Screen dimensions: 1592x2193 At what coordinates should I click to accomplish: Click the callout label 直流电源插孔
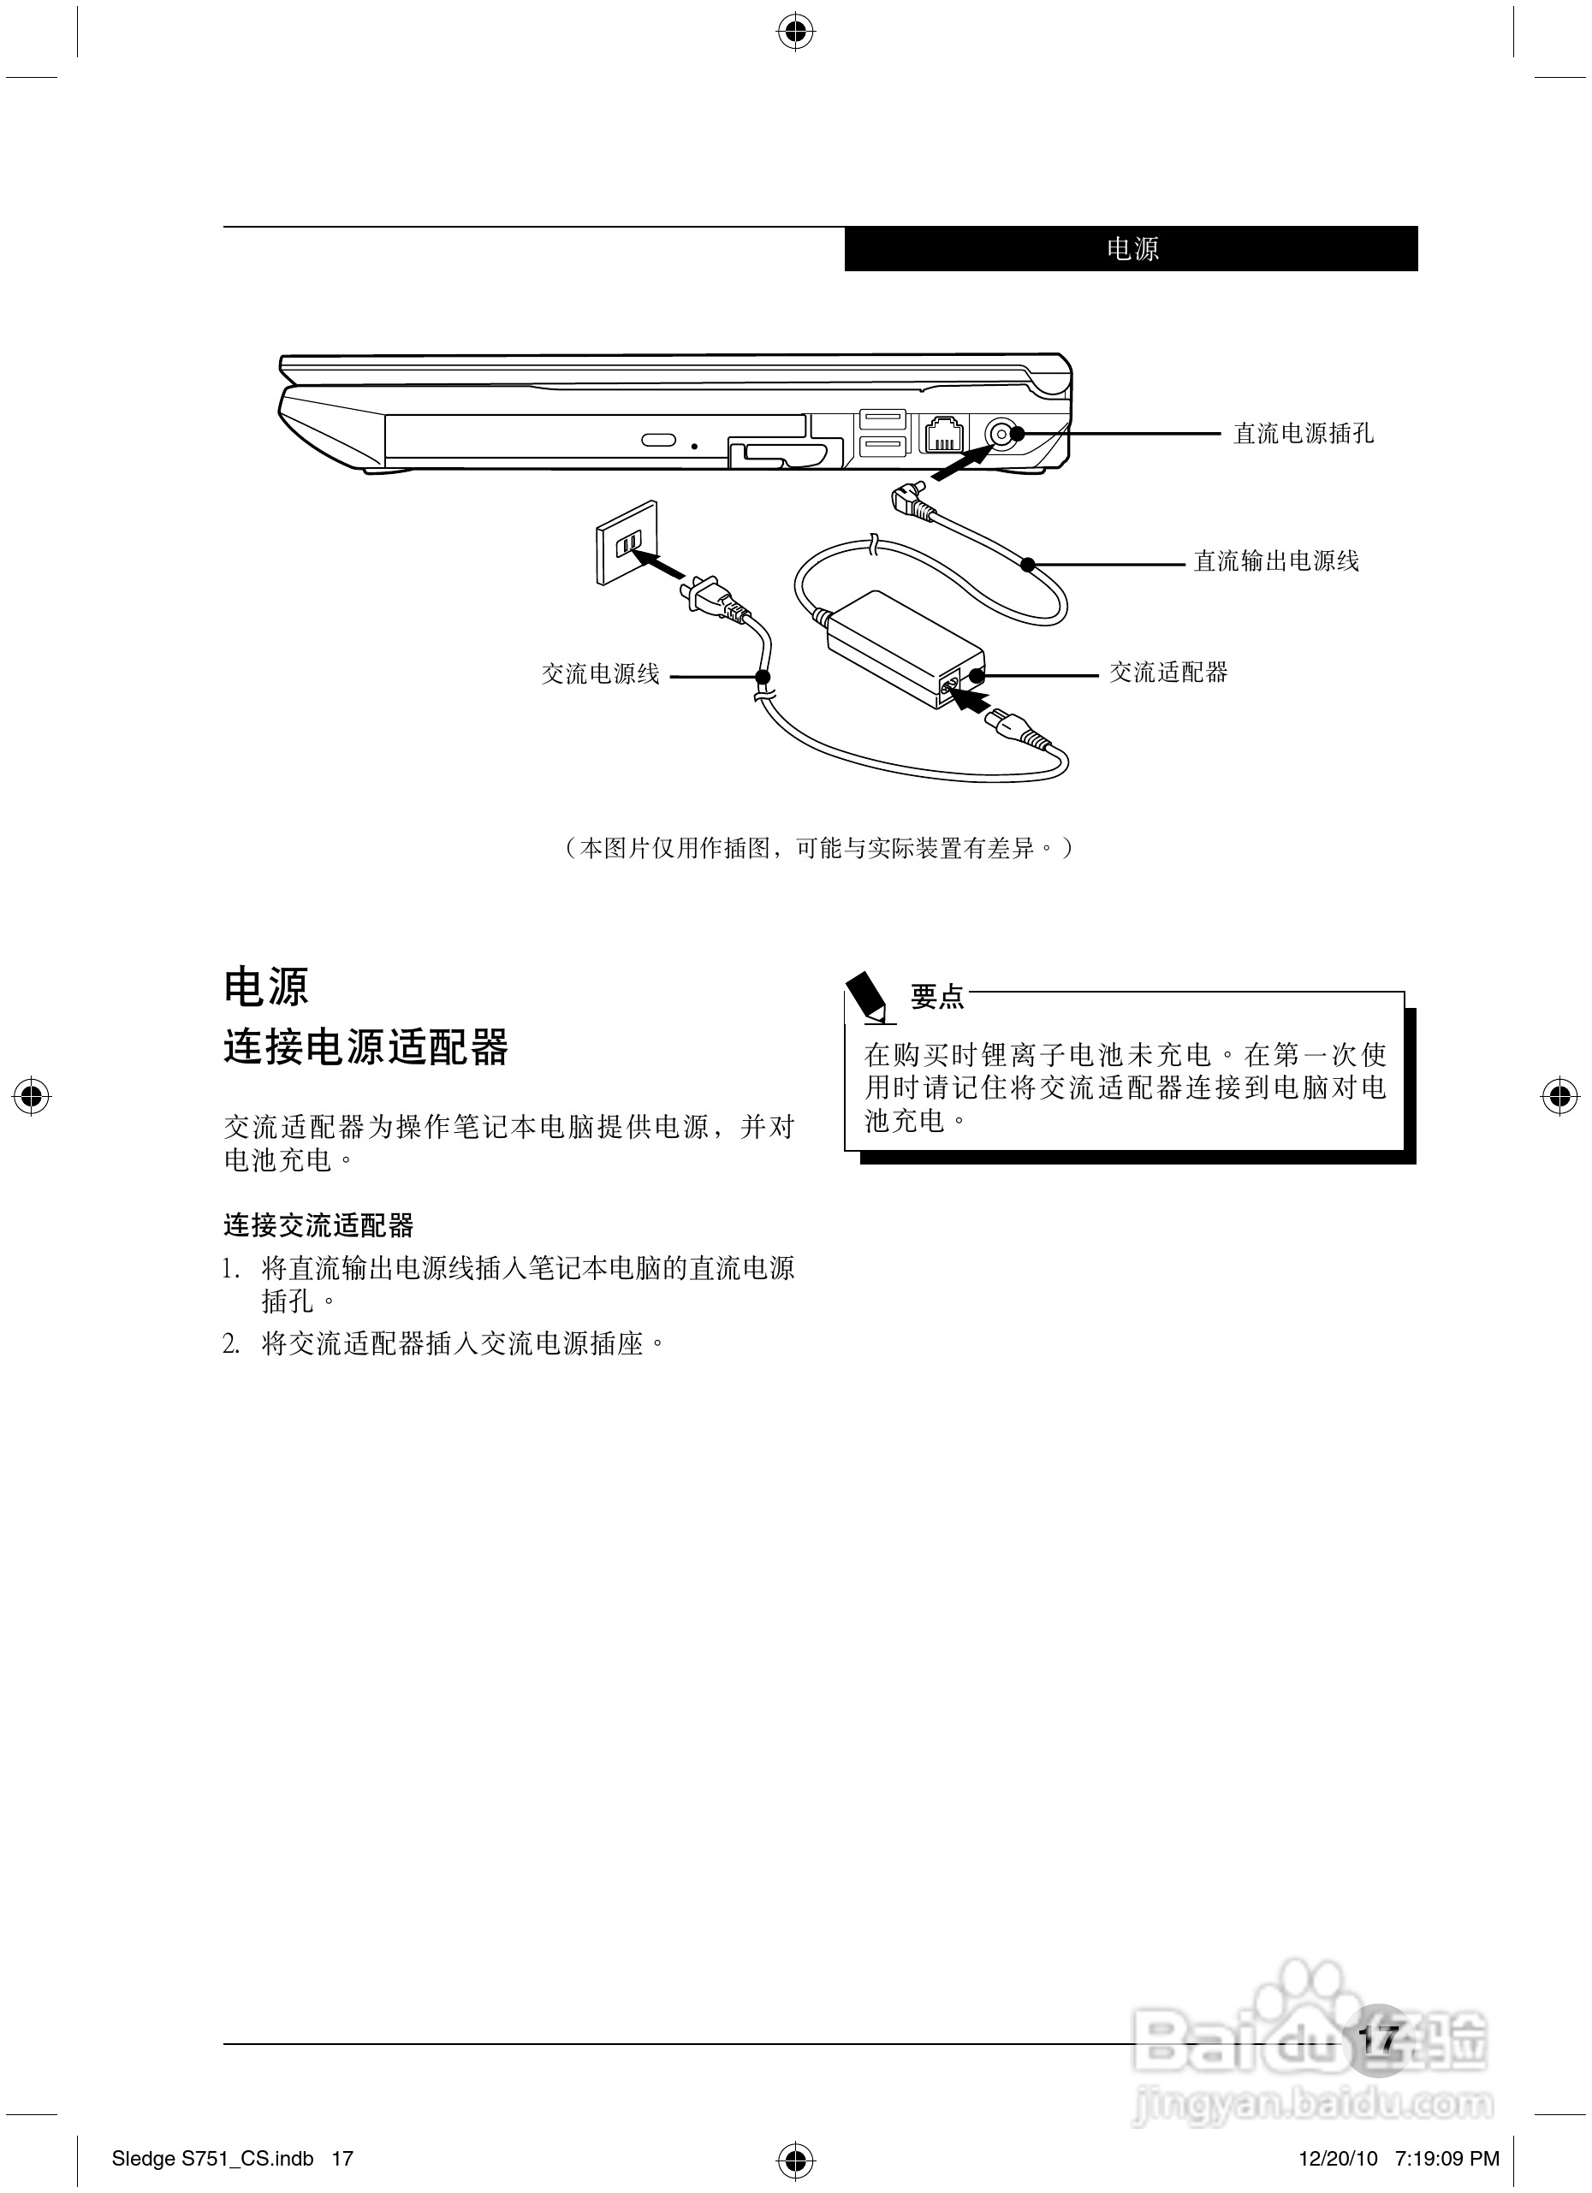(1303, 433)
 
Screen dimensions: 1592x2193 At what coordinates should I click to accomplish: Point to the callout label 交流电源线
(600, 674)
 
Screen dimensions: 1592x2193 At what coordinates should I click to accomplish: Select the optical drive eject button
(659, 441)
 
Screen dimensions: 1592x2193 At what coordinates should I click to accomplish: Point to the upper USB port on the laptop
(881, 421)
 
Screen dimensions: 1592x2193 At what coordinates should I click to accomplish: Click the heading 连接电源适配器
(365, 1048)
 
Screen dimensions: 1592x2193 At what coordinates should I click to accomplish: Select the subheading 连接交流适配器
(318, 1225)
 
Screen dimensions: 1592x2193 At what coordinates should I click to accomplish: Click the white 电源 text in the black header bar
(1132, 250)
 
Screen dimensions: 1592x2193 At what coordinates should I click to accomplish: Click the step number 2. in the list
(231, 1344)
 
